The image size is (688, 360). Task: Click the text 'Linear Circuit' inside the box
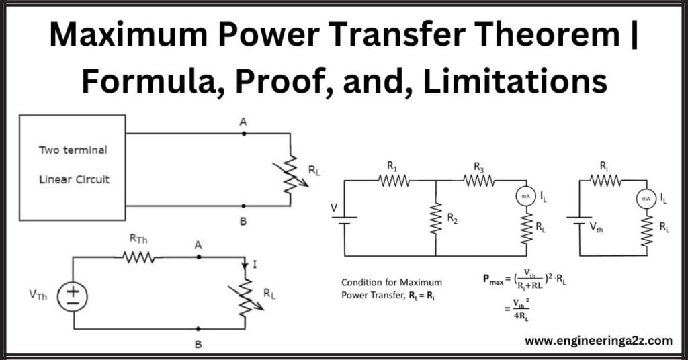[74, 179]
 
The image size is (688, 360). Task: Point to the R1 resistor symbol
[394, 180]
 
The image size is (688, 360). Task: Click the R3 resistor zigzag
[478, 180]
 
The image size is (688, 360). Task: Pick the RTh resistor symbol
[139, 257]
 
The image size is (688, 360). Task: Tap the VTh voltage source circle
[73, 296]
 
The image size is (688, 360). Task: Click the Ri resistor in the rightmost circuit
[605, 180]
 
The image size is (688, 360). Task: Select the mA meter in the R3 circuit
[525, 197]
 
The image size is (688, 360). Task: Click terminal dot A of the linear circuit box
[243, 134]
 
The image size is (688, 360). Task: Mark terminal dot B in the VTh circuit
[198, 329]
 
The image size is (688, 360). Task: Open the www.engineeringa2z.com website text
[598, 341]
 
